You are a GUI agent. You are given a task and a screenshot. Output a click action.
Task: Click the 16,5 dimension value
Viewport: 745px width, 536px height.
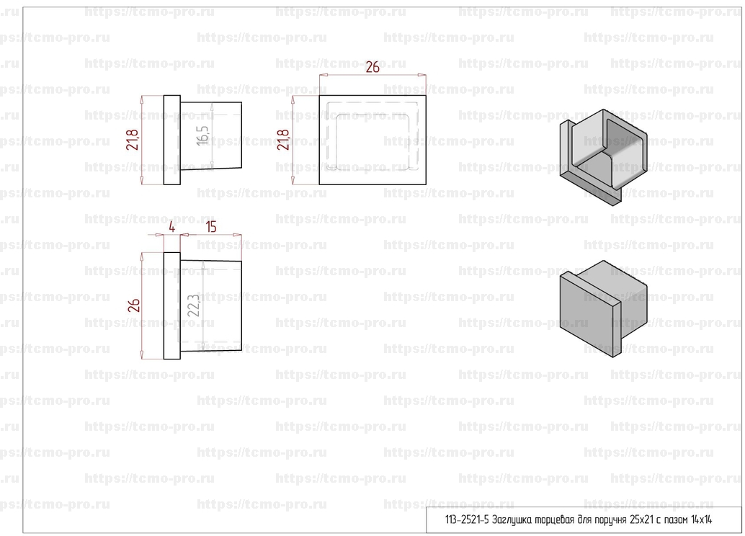[202, 135]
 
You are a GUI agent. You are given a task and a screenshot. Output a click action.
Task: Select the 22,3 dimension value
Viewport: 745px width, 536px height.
[194, 305]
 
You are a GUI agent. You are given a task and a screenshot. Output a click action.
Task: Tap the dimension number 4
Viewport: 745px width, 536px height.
[172, 227]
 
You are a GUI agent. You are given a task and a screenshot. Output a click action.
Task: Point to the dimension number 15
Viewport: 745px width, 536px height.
[211, 227]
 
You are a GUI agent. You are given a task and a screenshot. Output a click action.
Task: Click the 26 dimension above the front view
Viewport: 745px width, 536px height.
[372, 68]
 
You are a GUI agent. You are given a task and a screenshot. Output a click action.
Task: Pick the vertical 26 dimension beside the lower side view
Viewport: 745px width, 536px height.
[134, 305]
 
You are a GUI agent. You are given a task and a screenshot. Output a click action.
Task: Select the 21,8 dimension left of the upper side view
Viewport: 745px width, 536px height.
[133, 140]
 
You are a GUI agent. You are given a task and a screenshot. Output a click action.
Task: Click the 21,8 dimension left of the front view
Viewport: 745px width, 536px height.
[283, 140]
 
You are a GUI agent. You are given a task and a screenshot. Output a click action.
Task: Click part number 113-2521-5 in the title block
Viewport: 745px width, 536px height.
[467, 519]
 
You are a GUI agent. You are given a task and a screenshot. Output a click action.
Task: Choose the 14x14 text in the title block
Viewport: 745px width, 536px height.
[701, 519]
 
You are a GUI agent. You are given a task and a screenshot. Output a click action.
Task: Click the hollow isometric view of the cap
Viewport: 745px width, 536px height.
[602, 157]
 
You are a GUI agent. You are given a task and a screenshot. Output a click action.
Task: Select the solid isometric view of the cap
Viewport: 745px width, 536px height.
[602, 308]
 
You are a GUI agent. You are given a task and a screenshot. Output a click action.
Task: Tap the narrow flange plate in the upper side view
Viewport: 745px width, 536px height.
[172, 140]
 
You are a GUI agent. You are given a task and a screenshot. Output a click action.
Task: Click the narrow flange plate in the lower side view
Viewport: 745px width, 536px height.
[172, 305]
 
